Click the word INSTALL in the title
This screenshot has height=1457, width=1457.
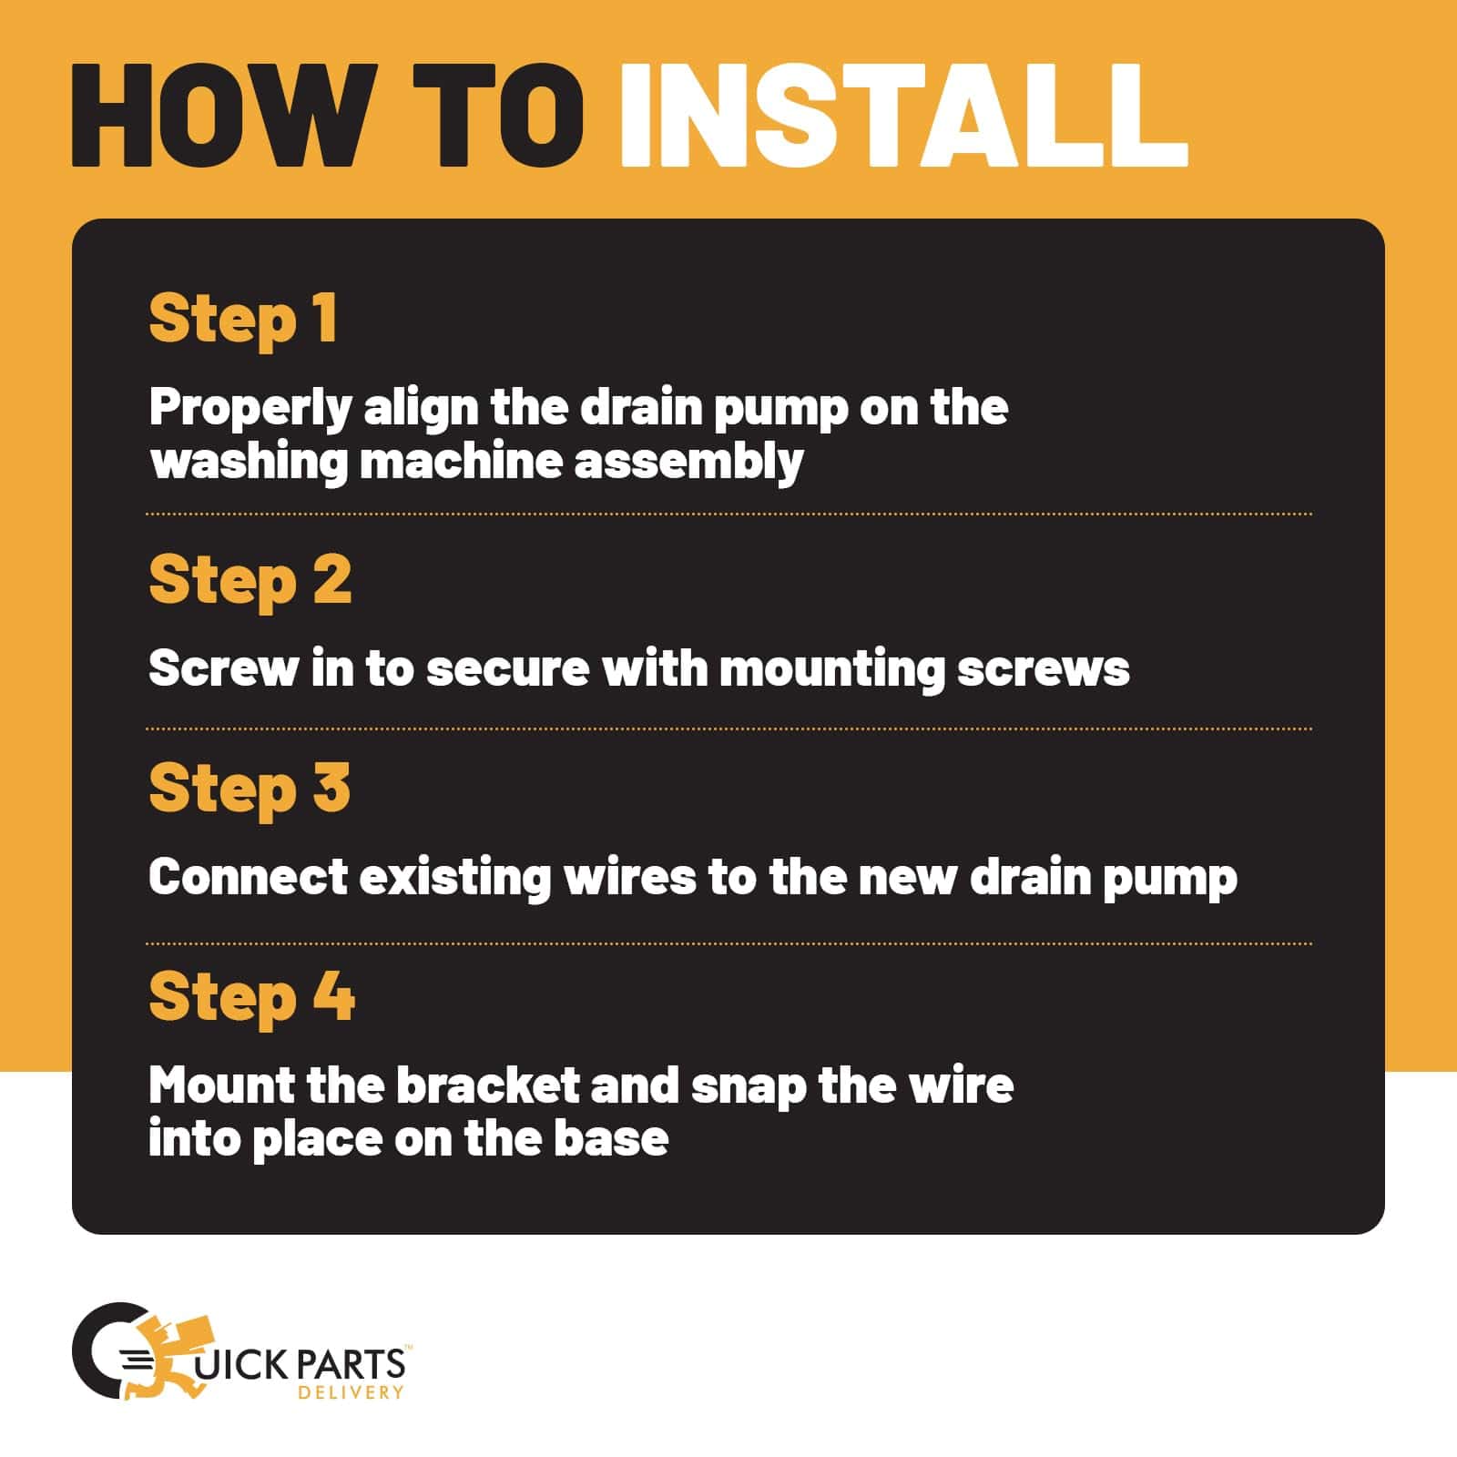(x=903, y=116)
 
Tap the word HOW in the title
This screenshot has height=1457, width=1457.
(x=224, y=116)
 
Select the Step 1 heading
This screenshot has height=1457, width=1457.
(x=243, y=320)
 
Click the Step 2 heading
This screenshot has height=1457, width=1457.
(x=250, y=581)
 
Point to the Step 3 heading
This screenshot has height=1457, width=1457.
(x=250, y=789)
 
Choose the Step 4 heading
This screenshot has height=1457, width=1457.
(x=252, y=997)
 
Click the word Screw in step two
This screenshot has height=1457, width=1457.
(x=223, y=669)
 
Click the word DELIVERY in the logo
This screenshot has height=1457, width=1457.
(x=351, y=1392)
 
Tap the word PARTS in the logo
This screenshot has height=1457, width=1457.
(x=350, y=1363)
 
